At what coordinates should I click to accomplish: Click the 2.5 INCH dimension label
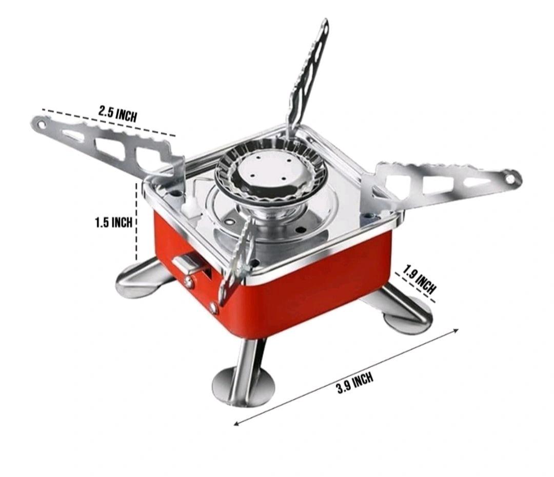[118, 113]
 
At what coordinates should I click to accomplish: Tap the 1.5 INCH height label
[113, 222]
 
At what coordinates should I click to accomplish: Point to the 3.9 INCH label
[354, 383]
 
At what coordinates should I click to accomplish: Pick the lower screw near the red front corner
[213, 308]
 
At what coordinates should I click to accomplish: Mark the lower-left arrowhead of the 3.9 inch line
[236, 424]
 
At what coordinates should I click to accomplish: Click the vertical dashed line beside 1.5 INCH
[137, 221]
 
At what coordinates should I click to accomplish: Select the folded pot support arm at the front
[236, 262]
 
